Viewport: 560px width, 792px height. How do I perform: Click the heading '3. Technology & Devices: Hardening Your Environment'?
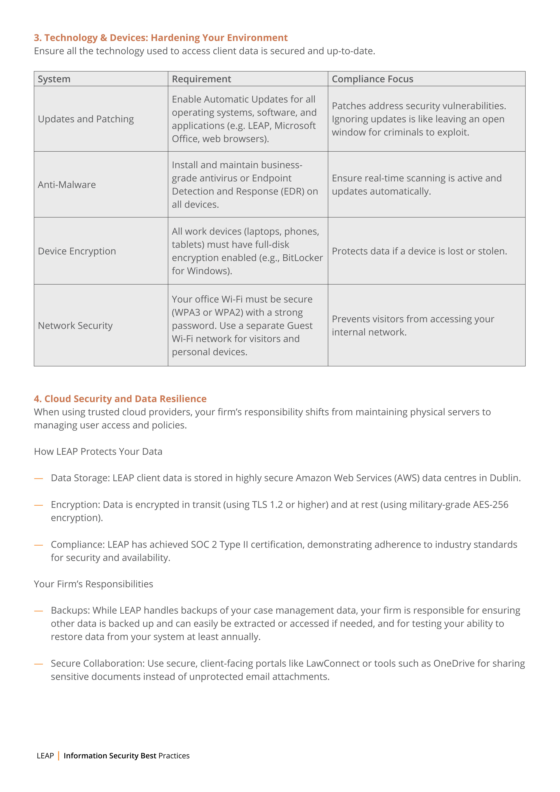(x=161, y=37)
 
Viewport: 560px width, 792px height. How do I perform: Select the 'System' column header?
(x=54, y=79)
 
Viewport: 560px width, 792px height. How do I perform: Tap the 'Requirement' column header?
(x=201, y=79)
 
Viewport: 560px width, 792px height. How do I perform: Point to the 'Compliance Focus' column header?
(x=372, y=79)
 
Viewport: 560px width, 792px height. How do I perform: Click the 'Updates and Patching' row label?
(x=86, y=119)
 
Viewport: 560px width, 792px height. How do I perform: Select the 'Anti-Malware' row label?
(x=67, y=185)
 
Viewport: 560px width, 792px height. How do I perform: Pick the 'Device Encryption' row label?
(x=77, y=251)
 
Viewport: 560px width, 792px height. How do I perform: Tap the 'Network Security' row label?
(x=75, y=326)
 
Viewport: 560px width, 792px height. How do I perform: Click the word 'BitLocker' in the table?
(x=302, y=258)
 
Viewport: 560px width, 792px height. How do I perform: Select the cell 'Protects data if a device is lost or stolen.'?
(x=419, y=251)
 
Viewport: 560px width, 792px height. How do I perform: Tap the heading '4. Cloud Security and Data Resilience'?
(x=120, y=399)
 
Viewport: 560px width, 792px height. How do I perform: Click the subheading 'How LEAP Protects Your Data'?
(x=98, y=451)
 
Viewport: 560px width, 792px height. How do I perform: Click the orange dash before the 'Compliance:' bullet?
(x=39, y=545)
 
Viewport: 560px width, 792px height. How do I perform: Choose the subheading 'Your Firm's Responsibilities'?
(x=93, y=584)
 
